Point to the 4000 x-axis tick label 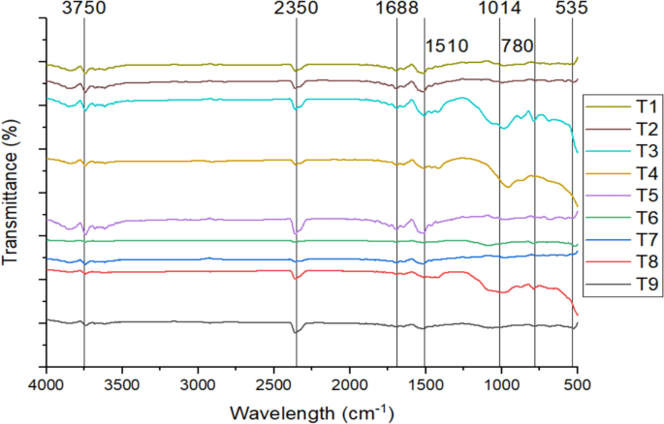46,384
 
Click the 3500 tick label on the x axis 122,384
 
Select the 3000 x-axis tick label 198,384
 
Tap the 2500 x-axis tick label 273,384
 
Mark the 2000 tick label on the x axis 349,384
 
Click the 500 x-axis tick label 576,384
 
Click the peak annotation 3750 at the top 84,10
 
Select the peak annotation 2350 297,10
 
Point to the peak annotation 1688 396,10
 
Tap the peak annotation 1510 447,45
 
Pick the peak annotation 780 517,45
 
